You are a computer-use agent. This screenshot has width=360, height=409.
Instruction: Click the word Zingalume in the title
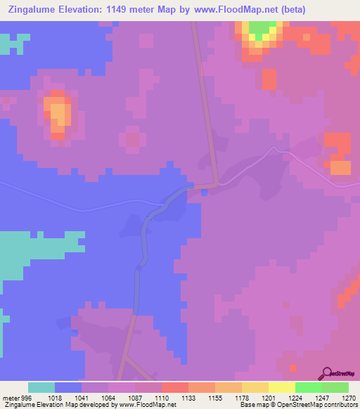pyautogui.click(x=34, y=9)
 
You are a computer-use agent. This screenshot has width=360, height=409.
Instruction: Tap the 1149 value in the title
pyautogui.click(x=131, y=9)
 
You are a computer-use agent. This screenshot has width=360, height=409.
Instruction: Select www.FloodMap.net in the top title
pyautogui.click(x=240, y=9)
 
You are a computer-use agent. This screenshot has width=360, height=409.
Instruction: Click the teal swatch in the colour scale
pyautogui.click(x=41, y=388)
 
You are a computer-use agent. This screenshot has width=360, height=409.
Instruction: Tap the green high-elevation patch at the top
pyautogui.click(x=262, y=30)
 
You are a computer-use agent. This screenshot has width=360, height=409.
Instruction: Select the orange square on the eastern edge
pyautogui.click(x=340, y=168)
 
